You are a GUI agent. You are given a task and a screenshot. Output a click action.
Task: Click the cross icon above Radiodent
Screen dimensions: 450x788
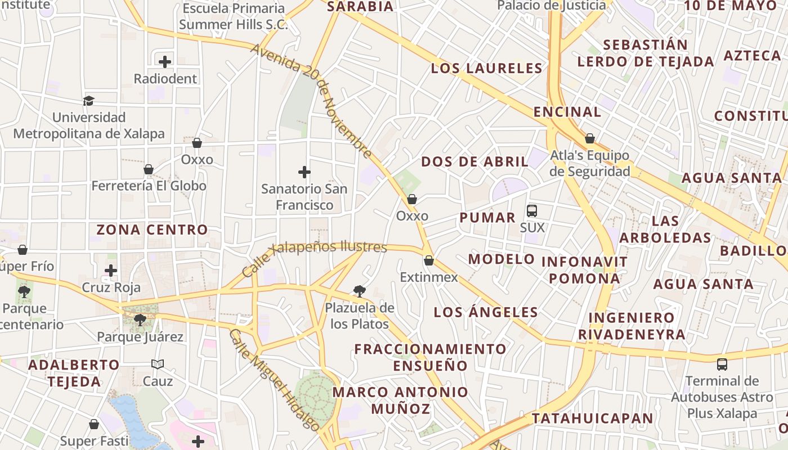coord(165,61)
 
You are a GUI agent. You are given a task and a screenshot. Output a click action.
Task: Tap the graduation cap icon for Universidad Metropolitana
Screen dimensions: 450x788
coord(88,101)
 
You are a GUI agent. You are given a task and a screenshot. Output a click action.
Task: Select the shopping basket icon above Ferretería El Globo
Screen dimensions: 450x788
coord(149,169)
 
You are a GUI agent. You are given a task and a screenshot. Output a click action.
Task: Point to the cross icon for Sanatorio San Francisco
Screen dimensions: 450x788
coord(305,172)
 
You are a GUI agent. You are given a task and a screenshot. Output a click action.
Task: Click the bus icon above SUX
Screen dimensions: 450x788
coord(532,211)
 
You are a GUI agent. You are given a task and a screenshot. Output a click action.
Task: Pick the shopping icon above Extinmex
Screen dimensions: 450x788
coord(429,260)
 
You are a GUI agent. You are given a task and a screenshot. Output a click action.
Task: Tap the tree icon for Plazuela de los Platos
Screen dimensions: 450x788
coord(359,291)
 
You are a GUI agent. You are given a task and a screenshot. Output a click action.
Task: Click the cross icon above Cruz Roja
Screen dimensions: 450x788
coord(111,271)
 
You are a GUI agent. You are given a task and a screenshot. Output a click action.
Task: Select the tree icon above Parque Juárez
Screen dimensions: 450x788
coord(140,320)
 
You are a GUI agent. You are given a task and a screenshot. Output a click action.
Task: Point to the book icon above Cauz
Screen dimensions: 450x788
coord(158,364)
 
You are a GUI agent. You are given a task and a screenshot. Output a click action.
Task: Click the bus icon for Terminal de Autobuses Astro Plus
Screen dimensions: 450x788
coord(722,364)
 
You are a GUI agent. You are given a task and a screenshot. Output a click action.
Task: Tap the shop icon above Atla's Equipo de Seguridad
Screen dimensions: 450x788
coord(590,138)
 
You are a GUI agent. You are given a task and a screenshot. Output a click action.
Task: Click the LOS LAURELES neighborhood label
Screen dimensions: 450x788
coord(486,69)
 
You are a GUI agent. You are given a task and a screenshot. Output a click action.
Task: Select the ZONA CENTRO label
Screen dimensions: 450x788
coord(152,229)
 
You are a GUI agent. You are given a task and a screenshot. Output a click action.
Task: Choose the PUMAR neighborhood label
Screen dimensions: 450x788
coord(487,218)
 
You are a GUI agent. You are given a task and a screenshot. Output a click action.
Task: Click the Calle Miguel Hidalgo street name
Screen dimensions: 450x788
coord(274,380)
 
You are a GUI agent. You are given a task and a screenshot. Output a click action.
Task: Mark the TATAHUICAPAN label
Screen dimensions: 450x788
coord(593,418)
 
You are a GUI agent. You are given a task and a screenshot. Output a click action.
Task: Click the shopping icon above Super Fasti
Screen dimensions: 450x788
coord(94,424)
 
